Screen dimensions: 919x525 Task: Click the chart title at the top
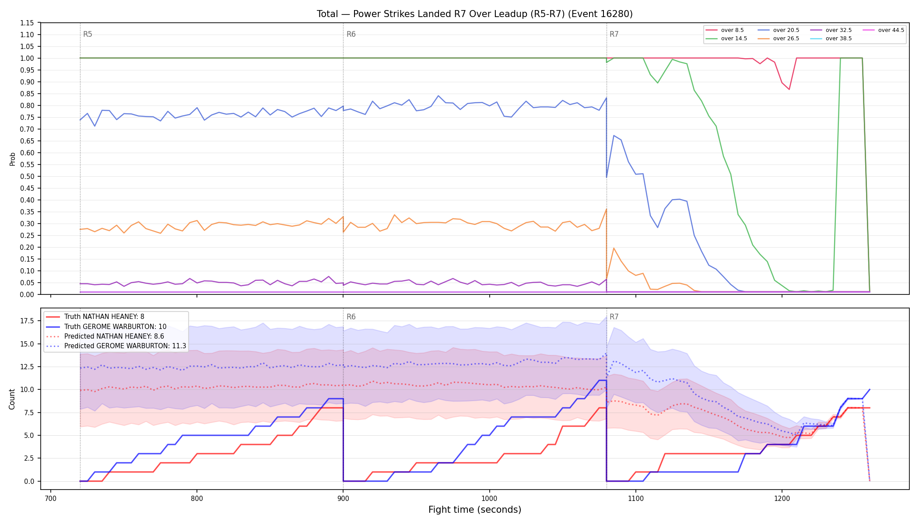(x=475, y=14)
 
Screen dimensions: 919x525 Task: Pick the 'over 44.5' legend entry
(x=883, y=30)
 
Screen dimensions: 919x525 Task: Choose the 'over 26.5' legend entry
(x=779, y=38)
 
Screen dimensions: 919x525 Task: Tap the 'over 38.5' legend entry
(x=831, y=38)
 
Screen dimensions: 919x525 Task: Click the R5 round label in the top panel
(x=88, y=34)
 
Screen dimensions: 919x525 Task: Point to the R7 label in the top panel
(x=614, y=34)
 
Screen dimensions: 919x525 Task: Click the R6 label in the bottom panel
(x=351, y=317)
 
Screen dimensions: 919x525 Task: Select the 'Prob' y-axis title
(x=12, y=159)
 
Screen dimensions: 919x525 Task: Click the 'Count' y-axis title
(x=12, y=399)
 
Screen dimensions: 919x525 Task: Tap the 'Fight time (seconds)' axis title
(x=475, y=510)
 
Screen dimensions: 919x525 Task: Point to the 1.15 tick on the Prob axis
(x=27, y=23)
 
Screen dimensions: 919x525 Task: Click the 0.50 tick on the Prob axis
(x=27, y=176)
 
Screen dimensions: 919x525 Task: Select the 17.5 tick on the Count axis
(x=27, y=321)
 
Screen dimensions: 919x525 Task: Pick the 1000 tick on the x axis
(x=489, y=498)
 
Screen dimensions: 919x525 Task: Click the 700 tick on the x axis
(x=51, y=498)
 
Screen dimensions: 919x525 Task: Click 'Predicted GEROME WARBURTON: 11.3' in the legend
(x=116, y=346)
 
